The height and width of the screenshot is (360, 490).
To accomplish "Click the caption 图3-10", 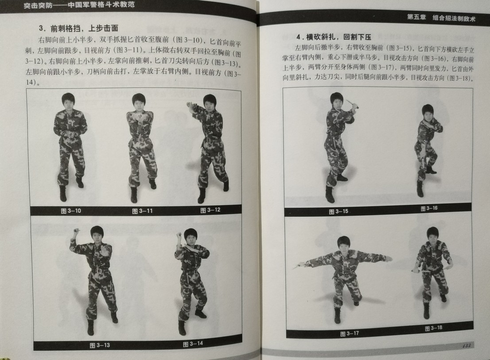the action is click(71, 211).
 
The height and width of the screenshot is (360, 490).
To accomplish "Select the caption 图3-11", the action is click(143, 211).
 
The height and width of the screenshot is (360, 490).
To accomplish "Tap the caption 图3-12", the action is click(210, 210).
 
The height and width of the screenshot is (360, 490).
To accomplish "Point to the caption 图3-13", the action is click(100, 345).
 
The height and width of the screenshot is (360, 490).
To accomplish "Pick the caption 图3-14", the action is click(193, 344).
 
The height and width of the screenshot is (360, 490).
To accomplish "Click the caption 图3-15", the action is click(338, 211).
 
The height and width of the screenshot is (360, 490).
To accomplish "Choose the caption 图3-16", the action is click(429, 208).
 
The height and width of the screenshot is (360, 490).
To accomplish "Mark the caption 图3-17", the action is click(350, 334).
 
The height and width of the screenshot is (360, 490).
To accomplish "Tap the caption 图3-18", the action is click(433, 328).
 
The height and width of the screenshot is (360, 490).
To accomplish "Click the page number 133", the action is click(467, 345).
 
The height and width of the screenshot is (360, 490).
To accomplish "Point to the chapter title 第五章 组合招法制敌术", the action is click(441, 18).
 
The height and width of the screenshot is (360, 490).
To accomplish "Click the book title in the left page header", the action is click(79, 5).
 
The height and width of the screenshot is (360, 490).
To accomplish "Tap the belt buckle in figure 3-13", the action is click(99, 271).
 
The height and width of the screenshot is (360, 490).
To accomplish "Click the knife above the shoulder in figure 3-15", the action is click(353, 104).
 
